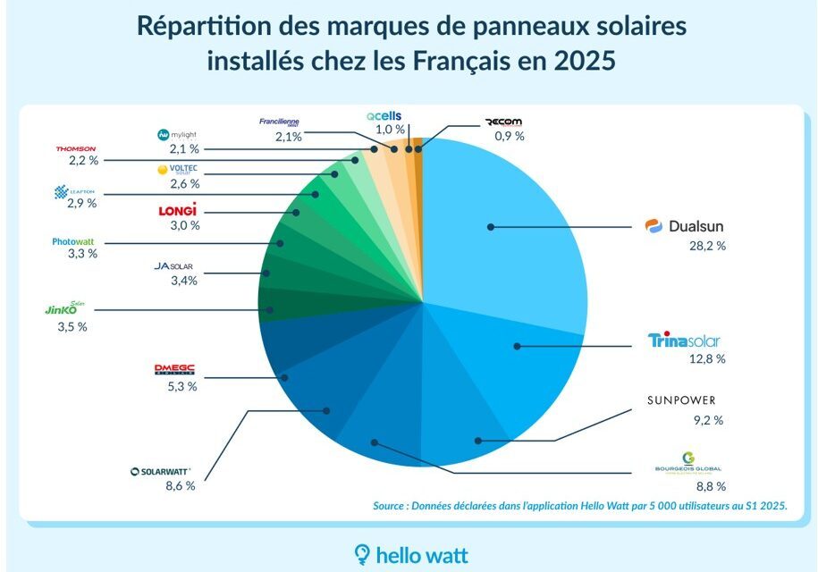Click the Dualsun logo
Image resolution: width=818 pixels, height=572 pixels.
point(684,227)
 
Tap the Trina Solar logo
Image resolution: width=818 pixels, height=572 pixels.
point(684,341)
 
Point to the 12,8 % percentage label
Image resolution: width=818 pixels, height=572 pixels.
point(706,359)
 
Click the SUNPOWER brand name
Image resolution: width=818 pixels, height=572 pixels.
point(681,400)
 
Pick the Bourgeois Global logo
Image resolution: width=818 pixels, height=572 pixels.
point(687,464)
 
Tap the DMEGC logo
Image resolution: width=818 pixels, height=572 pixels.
point(174,369)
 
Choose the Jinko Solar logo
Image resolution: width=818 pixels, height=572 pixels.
point(67,308)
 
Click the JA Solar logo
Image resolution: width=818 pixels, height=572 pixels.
point(175,266)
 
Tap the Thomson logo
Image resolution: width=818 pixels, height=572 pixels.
point(75,148)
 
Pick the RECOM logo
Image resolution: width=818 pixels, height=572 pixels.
point(509,122)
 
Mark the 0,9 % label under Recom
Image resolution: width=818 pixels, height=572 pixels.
point(509,137)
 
